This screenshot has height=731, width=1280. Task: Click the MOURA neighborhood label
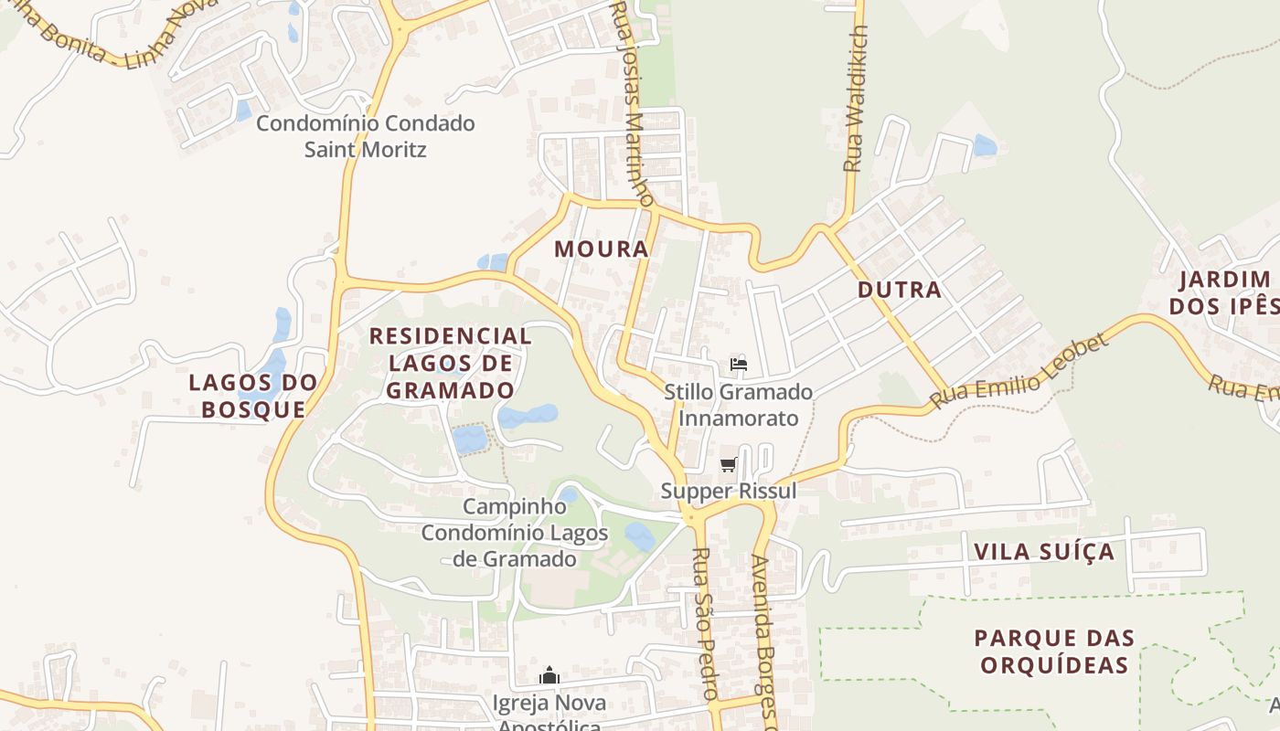[602, 249]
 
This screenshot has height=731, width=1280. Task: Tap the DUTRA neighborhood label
[900, 290]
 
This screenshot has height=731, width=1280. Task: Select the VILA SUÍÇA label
[1044, 552]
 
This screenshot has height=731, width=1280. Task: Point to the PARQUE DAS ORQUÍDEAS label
[1054, 652]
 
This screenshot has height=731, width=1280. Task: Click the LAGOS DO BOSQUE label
[253, 396]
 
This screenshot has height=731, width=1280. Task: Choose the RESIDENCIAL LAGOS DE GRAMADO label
[451, 363]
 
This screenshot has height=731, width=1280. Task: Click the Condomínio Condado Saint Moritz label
[366, 135]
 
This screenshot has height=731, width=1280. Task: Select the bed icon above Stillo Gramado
[739, 365]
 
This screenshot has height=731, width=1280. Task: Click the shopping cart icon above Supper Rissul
[729, 464]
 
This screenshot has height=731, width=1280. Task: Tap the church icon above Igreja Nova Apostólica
[549, 676]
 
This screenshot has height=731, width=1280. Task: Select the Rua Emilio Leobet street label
[1019, 372]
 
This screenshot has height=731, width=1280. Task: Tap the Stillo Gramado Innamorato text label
[739, 405]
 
